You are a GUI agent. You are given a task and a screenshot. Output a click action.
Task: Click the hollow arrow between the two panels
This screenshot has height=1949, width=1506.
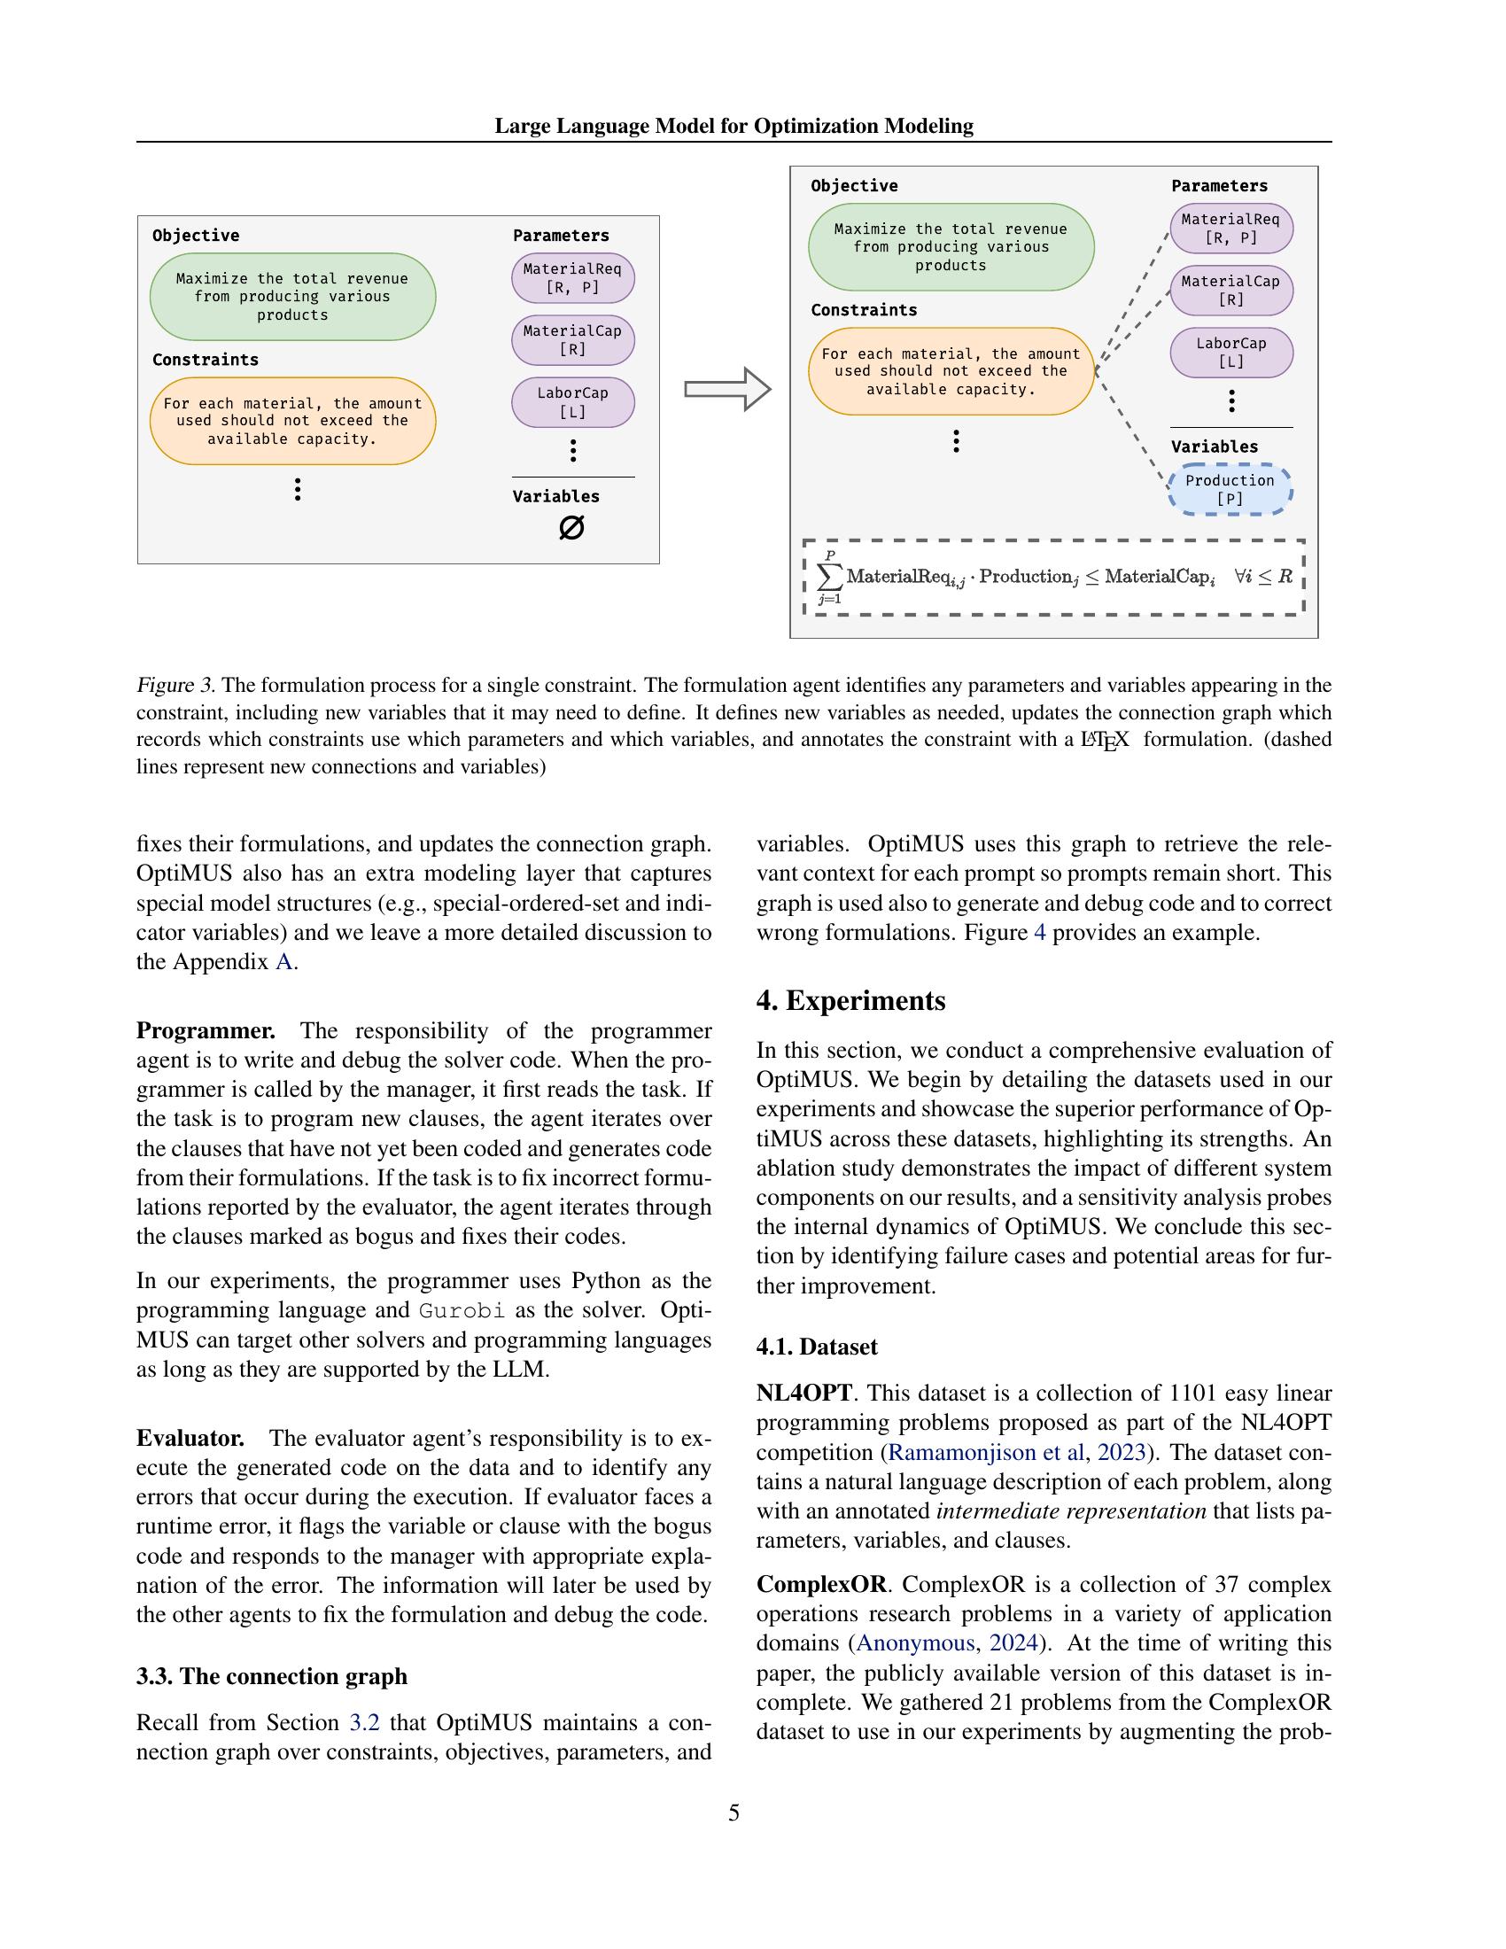point(727,389)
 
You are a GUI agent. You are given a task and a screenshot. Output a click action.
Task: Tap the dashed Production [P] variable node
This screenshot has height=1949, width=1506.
point(1230,489)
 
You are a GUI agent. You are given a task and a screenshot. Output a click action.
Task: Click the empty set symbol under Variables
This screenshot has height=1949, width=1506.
point(571,528)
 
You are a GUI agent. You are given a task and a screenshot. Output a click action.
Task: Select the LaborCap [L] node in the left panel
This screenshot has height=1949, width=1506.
point(573,401)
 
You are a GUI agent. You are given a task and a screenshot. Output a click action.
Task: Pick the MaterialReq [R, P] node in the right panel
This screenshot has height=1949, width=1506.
point(1230,229)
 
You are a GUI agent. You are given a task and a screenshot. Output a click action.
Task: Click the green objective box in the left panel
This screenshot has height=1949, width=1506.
point(292,296)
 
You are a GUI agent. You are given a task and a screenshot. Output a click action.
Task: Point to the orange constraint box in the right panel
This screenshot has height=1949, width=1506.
point(951,371)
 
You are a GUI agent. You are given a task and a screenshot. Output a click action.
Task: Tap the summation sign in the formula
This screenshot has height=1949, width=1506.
point(830,577)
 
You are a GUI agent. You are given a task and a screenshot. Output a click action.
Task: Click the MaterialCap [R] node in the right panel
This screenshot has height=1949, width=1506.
point(1230,290)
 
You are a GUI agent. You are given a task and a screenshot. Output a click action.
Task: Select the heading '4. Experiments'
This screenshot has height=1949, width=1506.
point(850,1000)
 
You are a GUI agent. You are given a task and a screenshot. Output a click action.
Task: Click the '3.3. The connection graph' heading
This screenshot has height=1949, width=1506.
point(271,1676)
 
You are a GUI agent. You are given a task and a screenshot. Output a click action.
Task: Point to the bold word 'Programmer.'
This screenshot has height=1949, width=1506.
point(206,1030)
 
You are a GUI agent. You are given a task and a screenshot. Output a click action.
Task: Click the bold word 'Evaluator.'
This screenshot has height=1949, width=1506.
point(190,1438)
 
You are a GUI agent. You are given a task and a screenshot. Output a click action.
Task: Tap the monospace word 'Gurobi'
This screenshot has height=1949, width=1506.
point(462,1311)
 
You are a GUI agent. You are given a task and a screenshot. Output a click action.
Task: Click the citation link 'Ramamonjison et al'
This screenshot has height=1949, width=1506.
point(986,1452)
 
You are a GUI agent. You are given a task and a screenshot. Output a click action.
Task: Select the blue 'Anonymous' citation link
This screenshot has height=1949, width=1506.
point(915,1642)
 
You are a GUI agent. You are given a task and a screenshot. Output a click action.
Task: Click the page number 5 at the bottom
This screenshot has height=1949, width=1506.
point(734,1813)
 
